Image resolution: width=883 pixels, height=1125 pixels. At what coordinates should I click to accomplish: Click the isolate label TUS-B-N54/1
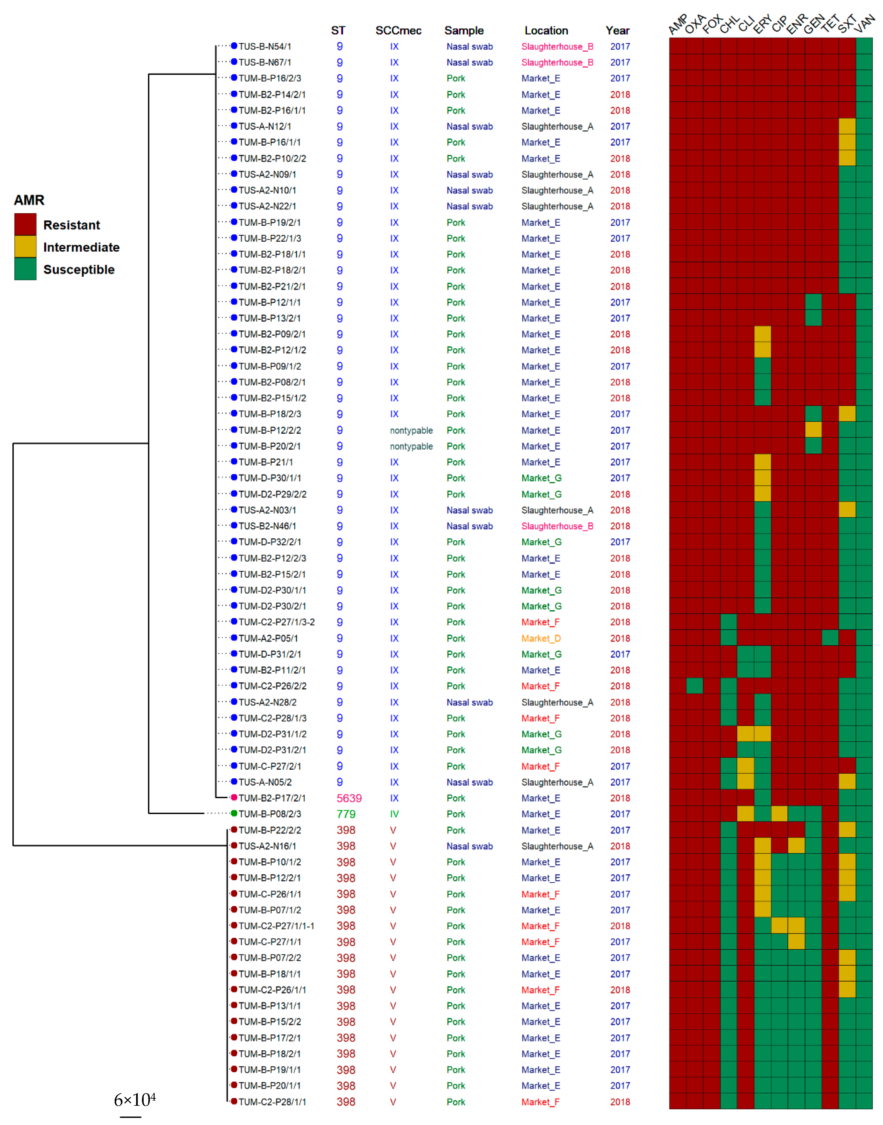click(265, 47)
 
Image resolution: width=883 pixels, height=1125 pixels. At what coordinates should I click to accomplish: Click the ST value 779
click(346, 814)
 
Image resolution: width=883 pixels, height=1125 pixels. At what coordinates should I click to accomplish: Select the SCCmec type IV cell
click(394, 814)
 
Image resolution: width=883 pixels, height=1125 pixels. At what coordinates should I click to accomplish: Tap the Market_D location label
click(541, 638)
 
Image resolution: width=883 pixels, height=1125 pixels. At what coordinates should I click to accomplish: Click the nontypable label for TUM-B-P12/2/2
click(411, 430)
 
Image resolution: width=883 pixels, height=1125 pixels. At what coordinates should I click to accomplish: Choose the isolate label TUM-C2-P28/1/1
click(272, 1102)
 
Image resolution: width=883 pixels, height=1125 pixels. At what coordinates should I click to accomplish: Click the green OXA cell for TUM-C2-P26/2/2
click(694, 686)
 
